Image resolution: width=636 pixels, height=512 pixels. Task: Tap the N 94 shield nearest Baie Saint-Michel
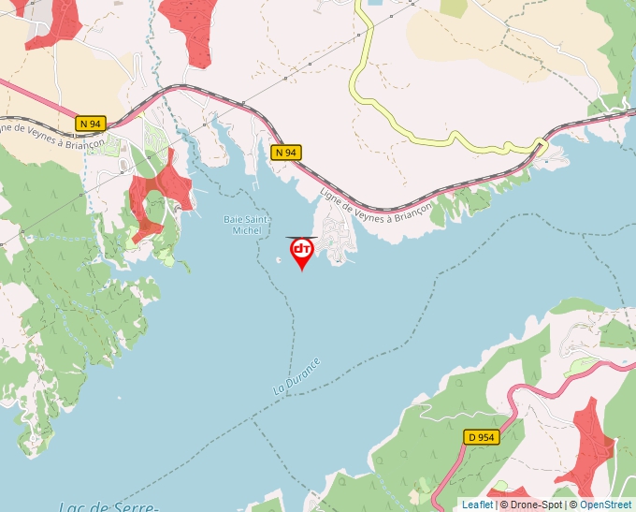pos(286,152)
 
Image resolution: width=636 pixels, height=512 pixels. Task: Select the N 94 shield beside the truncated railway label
pos(90,123)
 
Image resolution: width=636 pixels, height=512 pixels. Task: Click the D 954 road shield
pos(482,436)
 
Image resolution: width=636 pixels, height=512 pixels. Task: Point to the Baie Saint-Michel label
pos(247,225)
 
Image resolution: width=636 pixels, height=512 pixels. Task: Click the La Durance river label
pos(297,375)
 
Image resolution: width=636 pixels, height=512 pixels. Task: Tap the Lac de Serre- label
pos(107,505)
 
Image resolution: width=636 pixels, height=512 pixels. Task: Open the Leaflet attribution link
pos(477,505)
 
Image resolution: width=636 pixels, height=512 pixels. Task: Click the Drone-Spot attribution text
pos(536,505)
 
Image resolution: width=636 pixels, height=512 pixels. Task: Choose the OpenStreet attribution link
pos(605,505)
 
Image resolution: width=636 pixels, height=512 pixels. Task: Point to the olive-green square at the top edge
pos(453,7)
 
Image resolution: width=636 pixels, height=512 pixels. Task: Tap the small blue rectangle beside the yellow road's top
pos(375,3)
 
